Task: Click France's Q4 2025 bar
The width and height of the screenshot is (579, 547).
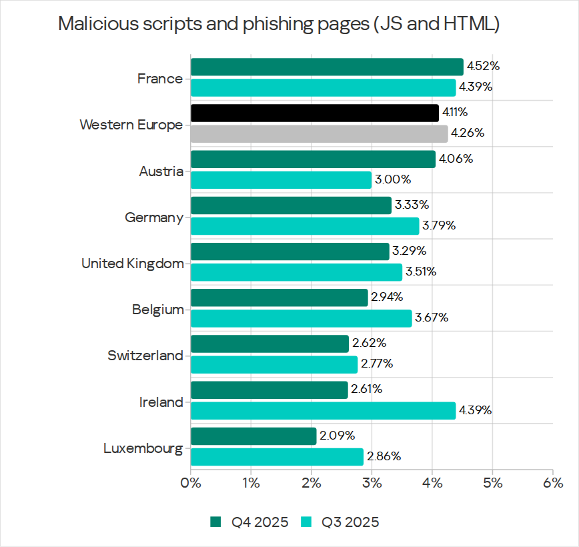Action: pyautogui.click(x=327, y=67)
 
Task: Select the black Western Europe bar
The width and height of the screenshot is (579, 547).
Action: pyautogui.click(x=315, y=113)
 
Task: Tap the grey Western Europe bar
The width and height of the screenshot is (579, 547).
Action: pyautogui.click(x=319, y=133)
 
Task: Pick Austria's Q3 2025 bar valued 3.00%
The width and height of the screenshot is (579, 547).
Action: pyautogui.click(x=281, y=179)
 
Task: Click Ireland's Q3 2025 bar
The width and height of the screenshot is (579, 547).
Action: pyautogui.click(x=323, y=410)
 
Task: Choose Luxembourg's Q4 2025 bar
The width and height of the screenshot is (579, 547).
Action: pyautogui.click(x=253, y=436)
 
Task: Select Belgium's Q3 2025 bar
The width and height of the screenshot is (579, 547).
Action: pyautogui.click(x=301, y=318)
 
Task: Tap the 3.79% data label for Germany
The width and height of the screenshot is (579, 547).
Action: pyautogui.click(x=439, y=225)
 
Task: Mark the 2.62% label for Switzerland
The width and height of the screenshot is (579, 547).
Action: pyautogui.click(x=369, y=344)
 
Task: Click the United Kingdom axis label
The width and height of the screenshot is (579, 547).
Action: pyautogui.click(x=132, y=263)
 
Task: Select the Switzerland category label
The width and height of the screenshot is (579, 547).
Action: pyautogui.click(x=145, y=356)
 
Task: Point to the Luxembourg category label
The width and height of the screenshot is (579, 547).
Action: pyautogui.click(x=143, y=448)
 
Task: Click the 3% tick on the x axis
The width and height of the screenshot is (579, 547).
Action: pyautogui.click(x=372, y=482)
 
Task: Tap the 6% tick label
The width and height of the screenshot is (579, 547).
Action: pyautogui.click(x=553, y=482)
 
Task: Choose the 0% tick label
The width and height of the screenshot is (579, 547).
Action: pyautogui.click(x=191, y=482)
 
